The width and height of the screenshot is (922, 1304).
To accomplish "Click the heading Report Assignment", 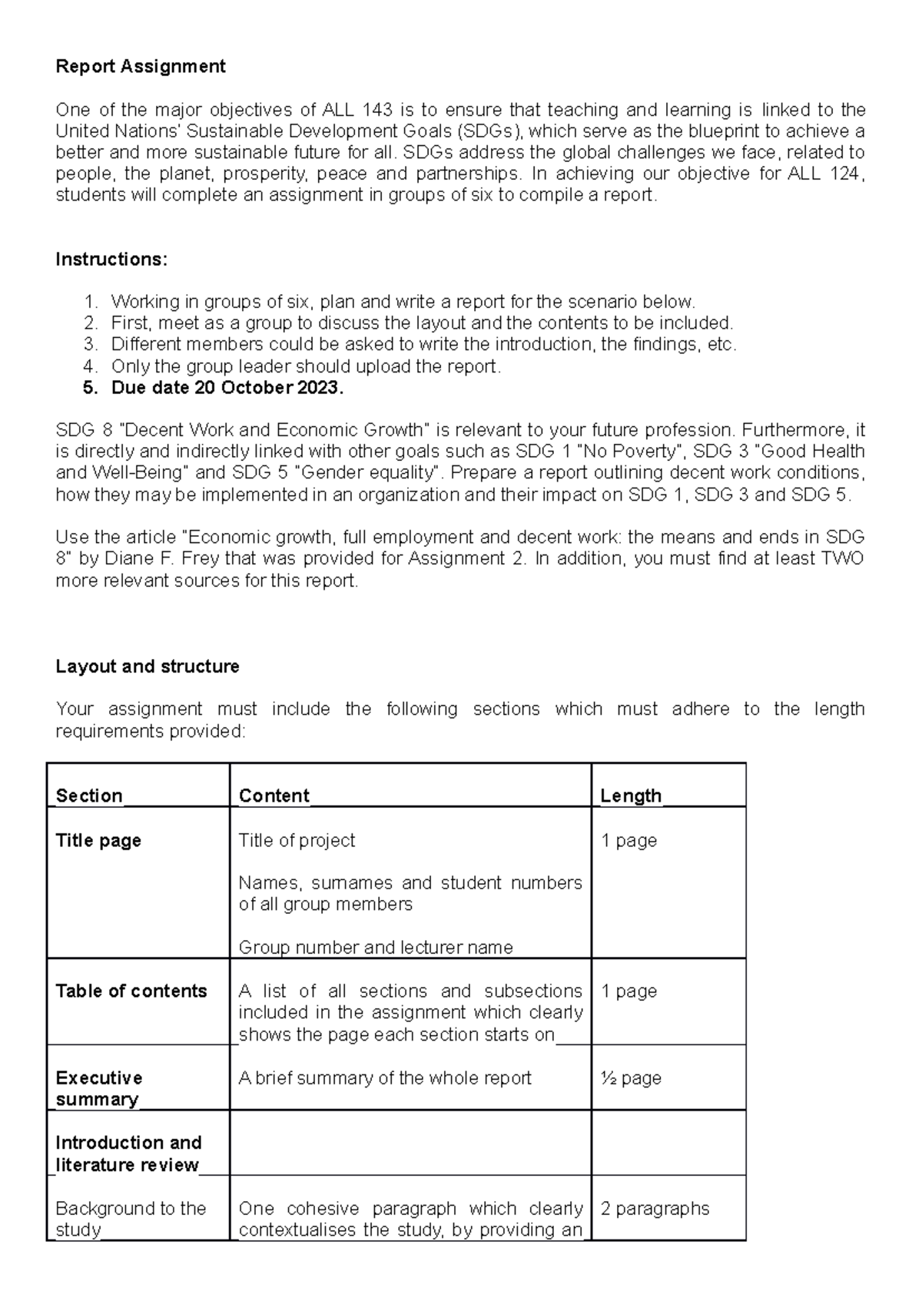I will click(x=141, y=67).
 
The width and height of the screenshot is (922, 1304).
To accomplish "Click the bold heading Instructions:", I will click(x=111, y=260).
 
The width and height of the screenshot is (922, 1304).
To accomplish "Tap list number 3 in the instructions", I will click(x=91, y=345).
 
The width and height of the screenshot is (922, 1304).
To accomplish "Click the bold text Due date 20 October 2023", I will click(x=227, y=388).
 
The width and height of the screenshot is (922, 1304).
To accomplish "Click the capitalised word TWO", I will click(x=842, y=559).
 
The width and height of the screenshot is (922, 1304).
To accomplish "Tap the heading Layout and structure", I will click(x=148, y=667).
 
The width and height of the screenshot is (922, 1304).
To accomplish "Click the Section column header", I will click(x=89, y=796).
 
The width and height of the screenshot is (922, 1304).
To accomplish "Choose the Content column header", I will click(x=274, y=796).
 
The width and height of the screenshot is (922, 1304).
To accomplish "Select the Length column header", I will click(x=631, y=796).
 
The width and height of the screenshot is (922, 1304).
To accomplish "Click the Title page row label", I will click(x=98, y=841).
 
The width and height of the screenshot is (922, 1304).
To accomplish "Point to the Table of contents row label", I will click(x=131, y=991).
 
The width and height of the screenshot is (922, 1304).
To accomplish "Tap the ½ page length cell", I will click(x=631, y=1078).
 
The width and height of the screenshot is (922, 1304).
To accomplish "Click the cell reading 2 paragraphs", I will click(x=655, y=1209).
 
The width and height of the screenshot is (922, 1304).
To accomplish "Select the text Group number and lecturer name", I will click(x=376, y=948).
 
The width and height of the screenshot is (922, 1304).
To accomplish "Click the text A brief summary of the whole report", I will click(x=385, y=1078).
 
